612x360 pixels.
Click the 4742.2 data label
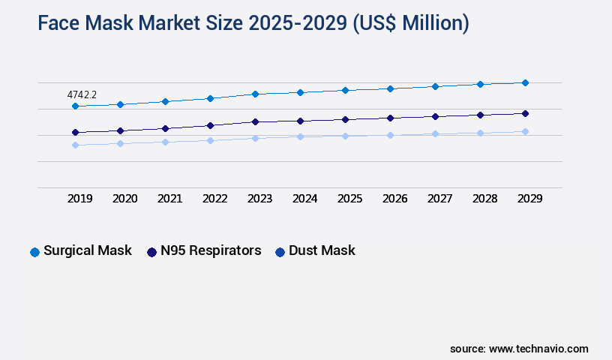tap(82, 95)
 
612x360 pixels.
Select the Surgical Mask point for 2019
tap(75, 106)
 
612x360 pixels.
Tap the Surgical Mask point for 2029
tap(525, 82)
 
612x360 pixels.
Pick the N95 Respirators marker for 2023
tap(255, 121)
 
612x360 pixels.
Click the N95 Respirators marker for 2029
tap(525, 113)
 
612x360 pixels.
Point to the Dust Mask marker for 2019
tap(75, 145)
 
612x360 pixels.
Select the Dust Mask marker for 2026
tap(390, 135)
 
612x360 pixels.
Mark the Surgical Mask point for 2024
tap(300, 92)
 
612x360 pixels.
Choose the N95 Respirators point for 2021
tap(165, 128)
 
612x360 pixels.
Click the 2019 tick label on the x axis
tap(80, 199)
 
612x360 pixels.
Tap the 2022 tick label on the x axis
tap(215, 199)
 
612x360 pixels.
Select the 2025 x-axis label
tap(350, 199)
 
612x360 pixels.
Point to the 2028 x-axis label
tap(485, 199)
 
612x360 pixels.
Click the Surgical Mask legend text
tap(88, 250)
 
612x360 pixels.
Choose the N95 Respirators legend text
tap(211, 250)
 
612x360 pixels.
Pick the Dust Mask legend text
tap(322, 250)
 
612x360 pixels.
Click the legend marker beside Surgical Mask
tap(34, 252)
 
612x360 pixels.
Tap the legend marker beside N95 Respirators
tap(151, 252)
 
